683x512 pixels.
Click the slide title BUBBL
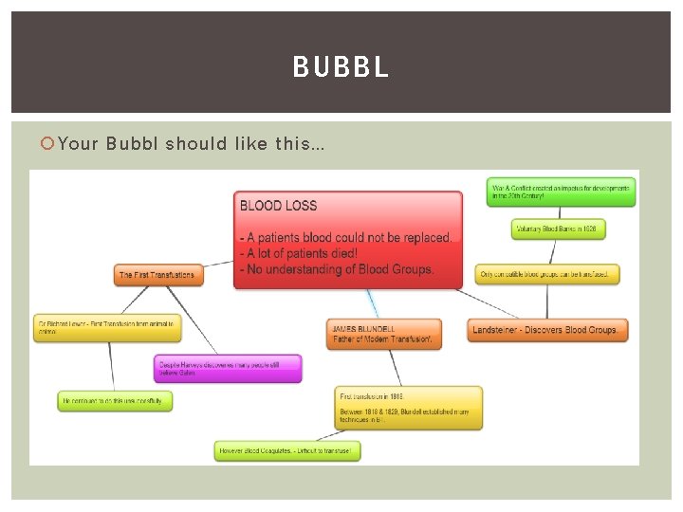coord(341,67)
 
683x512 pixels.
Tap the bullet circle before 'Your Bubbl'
coord(49,144)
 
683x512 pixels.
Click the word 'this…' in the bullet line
coord(301,144)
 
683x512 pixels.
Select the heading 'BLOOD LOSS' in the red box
coord(279,206)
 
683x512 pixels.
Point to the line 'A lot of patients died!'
coord(299,253)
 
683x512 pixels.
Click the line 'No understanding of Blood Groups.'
coord(338,269)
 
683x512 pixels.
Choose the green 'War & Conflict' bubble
coord(561,192)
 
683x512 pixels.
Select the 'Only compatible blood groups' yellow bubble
coord(548,274)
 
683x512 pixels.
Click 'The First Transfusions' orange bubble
coord(157,275)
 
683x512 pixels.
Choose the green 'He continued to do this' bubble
coord(115,401)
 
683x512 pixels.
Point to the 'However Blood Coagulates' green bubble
coord(287,450)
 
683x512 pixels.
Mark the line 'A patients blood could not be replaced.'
coord(346,237)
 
